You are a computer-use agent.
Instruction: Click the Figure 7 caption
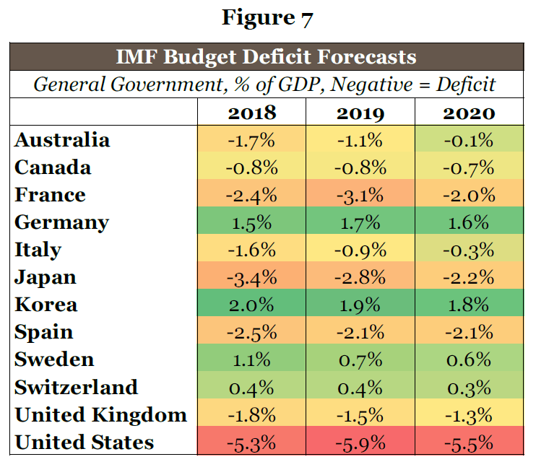pyautogui.click(x=267, y=17)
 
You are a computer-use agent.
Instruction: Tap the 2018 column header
pyautogui.click(x=252, y=113)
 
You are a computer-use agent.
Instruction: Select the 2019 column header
pyautogui.click(x=360, y=113)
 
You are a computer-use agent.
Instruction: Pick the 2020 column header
pyautogui.click(x=469, y=113)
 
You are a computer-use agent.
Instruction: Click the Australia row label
pyautogui.click(x=62, y=140)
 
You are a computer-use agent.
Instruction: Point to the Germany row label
pyautogui.click(x=61, y=222)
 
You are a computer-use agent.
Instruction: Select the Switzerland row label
pyautogui.click(x=76, y=387)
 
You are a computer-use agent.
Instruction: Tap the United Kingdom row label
pyautogui.click(x=100, y=414)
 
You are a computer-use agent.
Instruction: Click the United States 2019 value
pyautogui.click(x=360, y=442)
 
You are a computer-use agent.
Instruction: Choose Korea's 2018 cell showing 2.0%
pyautogui.click(x=252, y=305)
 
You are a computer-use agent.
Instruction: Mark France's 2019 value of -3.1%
pyautogui.click(x=360, y=195)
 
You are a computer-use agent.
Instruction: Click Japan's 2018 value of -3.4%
pyautogui.click(x=252, y=277)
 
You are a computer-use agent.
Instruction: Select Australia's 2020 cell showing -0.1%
pyautogui.click(x=469, y=140)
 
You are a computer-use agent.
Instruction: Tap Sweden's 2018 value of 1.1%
pyautogui.click(x=252, y=359)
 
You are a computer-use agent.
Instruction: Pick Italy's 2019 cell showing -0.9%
pyautogui.click(x=360, y=250)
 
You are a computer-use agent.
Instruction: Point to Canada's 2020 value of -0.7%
pyautogui.click(x=469, y=167)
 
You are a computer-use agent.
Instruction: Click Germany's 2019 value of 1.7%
pyautogui.click(x=360, y=222)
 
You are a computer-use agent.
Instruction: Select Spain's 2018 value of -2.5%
pyautogui.click(x=252, y=332)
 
